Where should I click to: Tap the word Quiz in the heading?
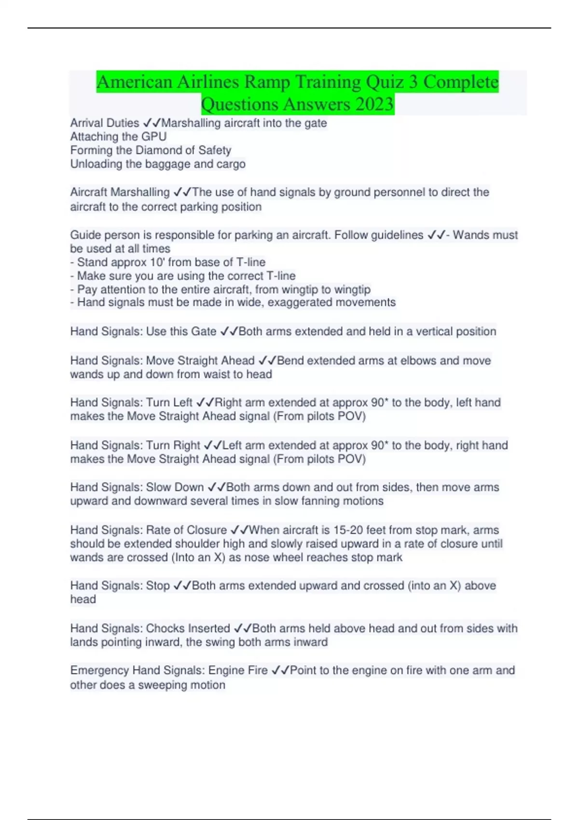click(x=385, y=82)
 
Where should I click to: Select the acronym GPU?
click(x=154, y=137)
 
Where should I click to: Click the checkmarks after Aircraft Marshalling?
click(x=182, y=192)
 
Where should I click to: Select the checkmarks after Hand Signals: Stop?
click(x=182, y=586)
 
